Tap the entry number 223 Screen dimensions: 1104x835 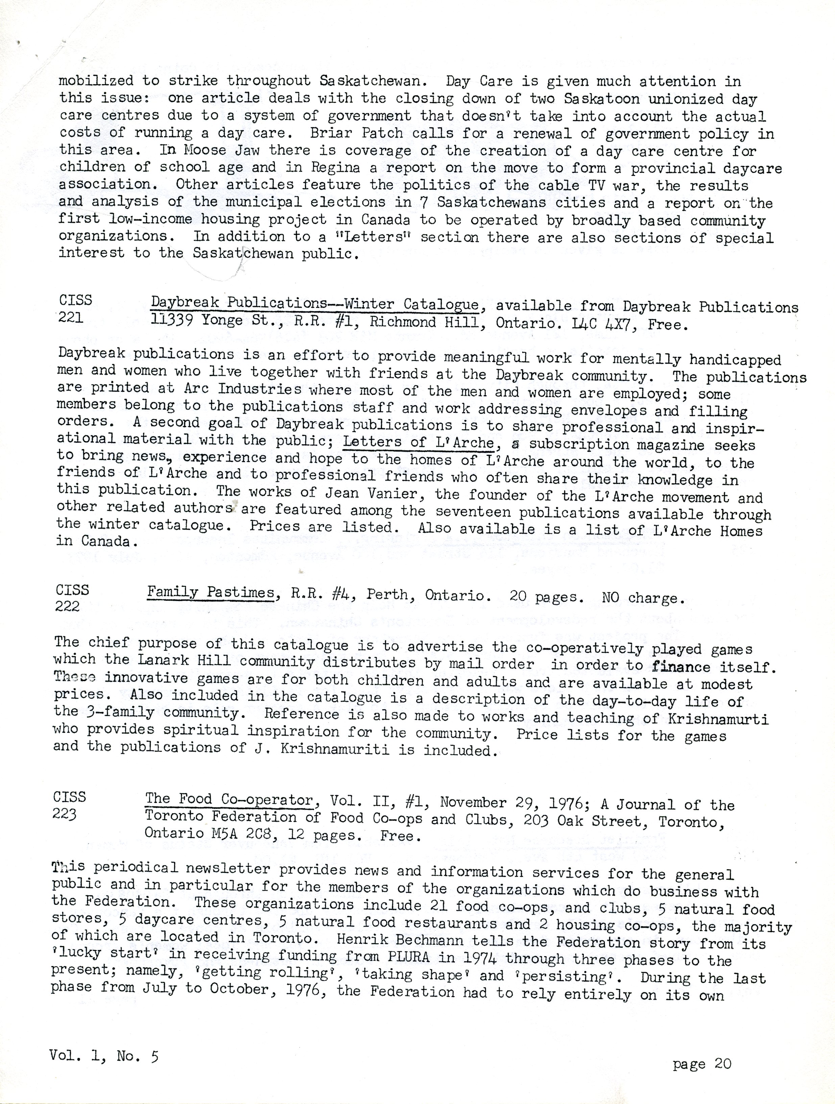click(x=65, y=814)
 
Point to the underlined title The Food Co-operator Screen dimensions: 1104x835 click(x=229, y=800)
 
